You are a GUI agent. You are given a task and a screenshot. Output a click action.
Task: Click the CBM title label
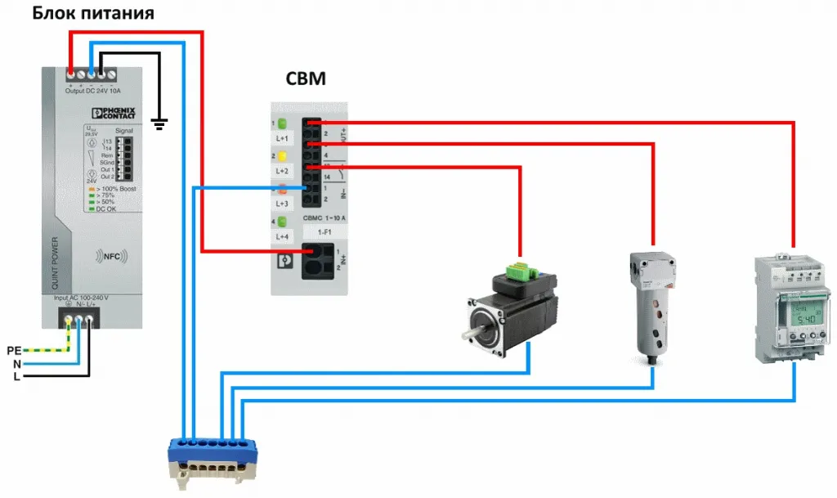point(306,79)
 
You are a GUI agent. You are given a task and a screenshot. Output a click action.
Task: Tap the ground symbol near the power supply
point(160,124)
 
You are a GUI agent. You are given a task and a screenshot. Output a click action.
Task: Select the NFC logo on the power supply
point(110,255)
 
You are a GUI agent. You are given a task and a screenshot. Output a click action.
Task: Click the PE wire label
point(13,350)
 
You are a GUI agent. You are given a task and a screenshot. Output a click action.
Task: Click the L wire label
point(16,376)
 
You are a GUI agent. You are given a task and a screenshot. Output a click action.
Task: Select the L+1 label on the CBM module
point(283,140)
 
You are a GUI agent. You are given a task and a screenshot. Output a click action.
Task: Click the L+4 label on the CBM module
point(283,236)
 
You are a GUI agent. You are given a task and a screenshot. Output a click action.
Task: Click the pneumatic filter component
point(652,306)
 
